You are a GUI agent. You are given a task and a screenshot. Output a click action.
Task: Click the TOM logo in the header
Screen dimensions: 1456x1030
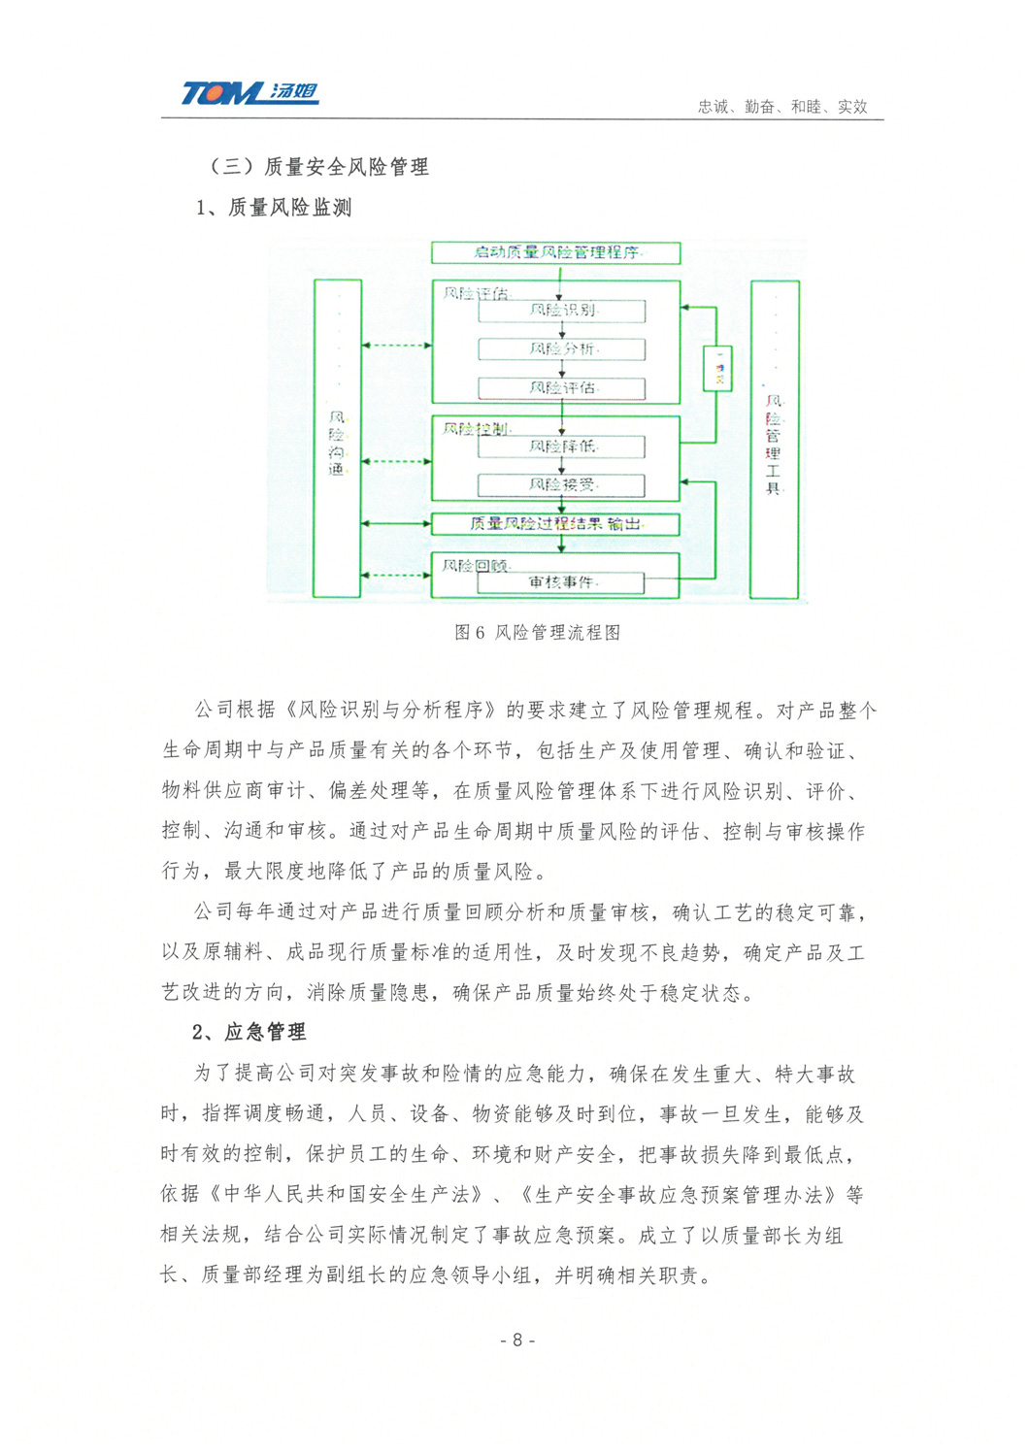click(x=249, y=93)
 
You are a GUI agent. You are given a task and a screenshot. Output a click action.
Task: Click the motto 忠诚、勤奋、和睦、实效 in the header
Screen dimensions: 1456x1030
click(x=781, y=107)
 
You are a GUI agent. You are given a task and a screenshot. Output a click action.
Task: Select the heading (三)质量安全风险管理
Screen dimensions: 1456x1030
click(x=317, y=167)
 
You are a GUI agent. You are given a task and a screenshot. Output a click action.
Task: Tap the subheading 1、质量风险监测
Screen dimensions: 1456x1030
click(x=274, y=208)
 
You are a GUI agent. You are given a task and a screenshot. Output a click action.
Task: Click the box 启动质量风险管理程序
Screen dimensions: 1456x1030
click(x=555, y=253)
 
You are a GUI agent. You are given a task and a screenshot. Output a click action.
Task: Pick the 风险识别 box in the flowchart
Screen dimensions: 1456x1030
click(x=562, y=311)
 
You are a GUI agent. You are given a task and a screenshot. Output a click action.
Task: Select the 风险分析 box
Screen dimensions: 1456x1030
click(x=562, y=349)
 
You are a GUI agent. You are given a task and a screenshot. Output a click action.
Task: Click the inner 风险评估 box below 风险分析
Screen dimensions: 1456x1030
click(x=562, y=388)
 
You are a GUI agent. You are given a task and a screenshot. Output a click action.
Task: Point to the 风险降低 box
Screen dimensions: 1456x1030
click(x=562, y=447)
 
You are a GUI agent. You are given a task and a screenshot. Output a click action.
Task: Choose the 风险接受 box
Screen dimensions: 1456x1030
click(x=562, y=484)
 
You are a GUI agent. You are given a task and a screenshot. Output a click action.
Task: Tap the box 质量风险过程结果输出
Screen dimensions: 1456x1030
click(x=555, y=524)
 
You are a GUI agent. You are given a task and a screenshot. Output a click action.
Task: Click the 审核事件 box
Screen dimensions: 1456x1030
click(x=562, y=582)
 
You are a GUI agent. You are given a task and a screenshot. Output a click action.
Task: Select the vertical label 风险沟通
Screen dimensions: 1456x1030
click(x=337, y=444)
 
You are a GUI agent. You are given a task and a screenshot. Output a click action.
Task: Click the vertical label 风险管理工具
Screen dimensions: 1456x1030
click(x=774, y=445)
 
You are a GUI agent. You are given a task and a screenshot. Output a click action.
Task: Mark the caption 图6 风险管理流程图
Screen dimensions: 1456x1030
click(x=537, y=633)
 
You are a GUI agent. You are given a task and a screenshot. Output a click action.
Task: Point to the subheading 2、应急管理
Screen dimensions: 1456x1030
click(x=249, y=1032)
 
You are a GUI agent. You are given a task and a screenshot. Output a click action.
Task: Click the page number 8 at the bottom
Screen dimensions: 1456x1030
click(x=517, y=1340)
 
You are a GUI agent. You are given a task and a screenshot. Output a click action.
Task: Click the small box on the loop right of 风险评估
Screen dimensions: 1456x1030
click(x=718, y=368)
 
